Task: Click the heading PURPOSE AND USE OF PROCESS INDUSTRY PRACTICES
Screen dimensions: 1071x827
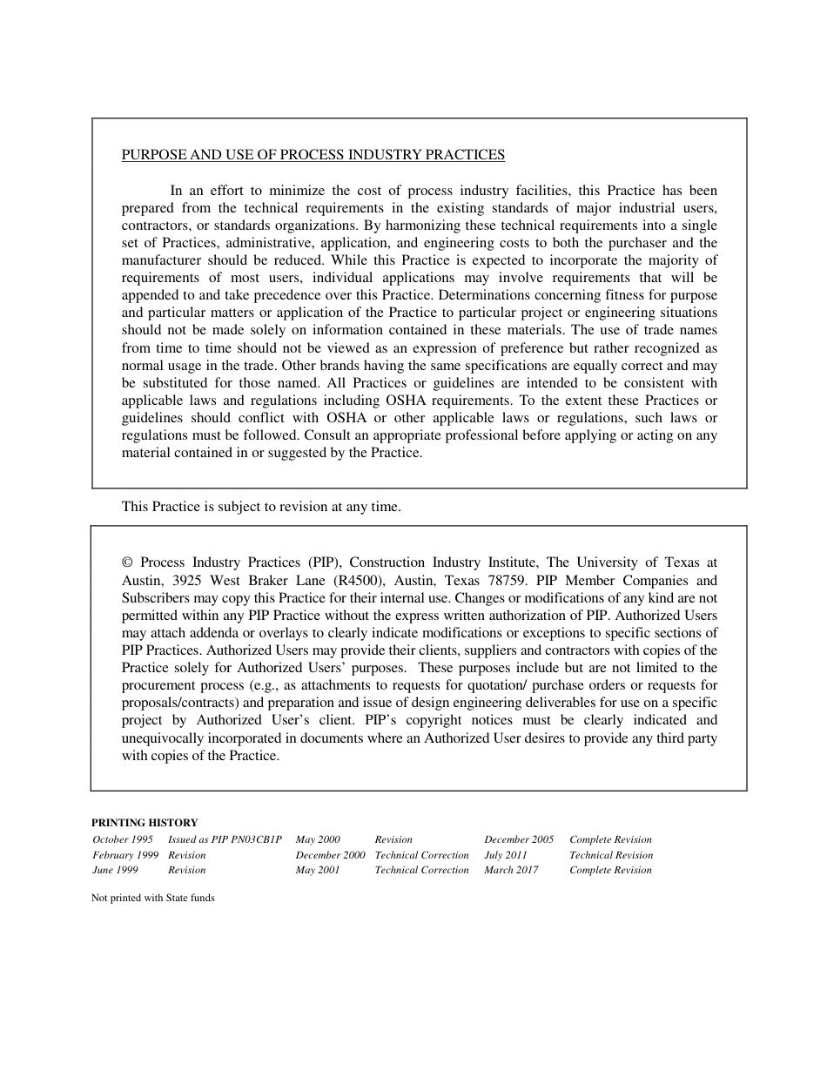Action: (x=313, y=155)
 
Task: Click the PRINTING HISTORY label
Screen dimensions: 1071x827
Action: (x=145, y=823)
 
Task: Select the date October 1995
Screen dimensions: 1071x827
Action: (x=123, y=840)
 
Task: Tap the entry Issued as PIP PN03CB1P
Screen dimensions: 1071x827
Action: (x=225, y=840)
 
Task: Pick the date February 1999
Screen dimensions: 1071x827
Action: (x=125, y=855)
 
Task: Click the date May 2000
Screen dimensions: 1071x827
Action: (x=318, y=840)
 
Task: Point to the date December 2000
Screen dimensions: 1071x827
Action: (x=330, y=855)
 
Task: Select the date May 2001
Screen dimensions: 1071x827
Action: (x=318, y=871)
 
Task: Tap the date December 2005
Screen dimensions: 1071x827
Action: (x=519, y=840)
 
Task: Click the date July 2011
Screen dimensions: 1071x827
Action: (x=506, y=855)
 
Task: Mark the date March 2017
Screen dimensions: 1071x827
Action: (x=511, y=871)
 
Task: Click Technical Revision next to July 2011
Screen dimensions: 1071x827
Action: (x=610, y=855)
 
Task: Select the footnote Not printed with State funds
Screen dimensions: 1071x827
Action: (x=152, y=899)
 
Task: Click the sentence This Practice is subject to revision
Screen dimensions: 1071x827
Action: (x=261, y=507)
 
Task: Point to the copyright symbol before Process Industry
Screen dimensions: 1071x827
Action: (x=127, y=563)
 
